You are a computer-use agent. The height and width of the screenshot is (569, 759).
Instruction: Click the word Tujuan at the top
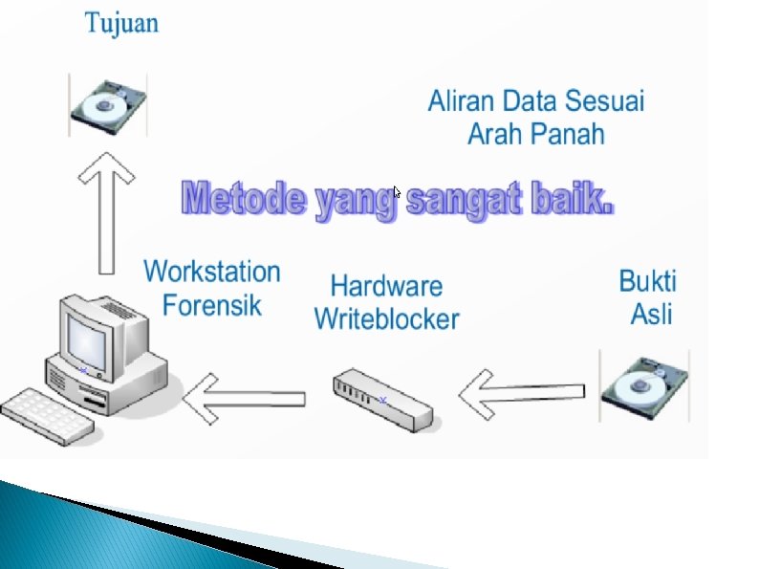click(x=121, y=23)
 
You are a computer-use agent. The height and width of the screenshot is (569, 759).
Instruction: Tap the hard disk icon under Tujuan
click(x=107, y=104)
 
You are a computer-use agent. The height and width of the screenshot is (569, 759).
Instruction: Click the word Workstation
click(x=212, y=272)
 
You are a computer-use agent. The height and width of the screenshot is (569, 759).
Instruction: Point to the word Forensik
click(x=212, y=305)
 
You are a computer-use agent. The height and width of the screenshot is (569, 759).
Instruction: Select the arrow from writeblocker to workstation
click(x=244, y=396)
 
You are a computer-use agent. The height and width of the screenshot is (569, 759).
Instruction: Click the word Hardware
click(x=386, y=286)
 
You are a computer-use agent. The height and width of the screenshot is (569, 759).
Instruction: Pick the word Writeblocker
click(x=386, y=318)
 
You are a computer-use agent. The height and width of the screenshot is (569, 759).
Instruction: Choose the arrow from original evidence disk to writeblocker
click(x=521, y=392)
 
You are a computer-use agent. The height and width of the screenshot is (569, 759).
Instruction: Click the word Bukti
click(x=648, y=281)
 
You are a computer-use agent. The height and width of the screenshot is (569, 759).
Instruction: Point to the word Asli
click(x=651, y=313)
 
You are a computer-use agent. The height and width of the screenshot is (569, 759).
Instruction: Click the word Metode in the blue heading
click(x=246, y=201)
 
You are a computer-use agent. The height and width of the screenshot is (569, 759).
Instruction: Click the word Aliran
click(x=462, y=100)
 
